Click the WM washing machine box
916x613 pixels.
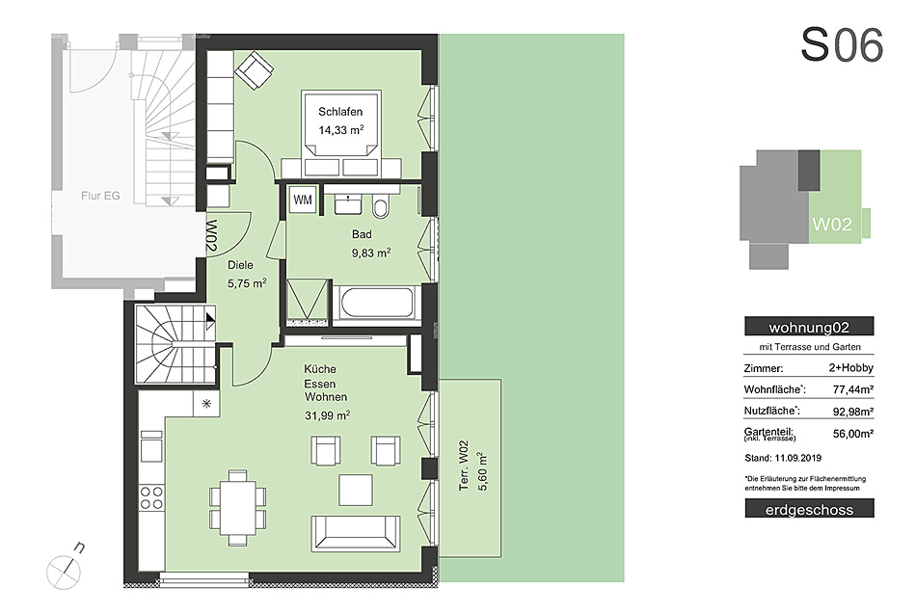(x=303, y=200)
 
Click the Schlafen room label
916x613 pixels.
(x=340, y=112)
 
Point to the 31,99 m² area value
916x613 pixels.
(x=327, y=415)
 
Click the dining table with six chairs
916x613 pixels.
(x=238, y=507)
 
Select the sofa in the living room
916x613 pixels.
(x=355, y=533)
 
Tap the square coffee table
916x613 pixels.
(x=356, y=490)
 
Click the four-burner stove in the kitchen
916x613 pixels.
(x=151, y=497)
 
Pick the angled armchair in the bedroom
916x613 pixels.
(x=255, y=70)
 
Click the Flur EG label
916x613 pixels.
(x=100, y=197)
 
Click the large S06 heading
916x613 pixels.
(x=842, y=45)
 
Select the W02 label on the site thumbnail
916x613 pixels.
(x=832, y=225)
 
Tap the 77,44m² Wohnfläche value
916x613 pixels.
(x=853, y=389)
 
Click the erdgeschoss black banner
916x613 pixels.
(x=809, y=509)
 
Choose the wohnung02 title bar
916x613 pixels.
(x=809, y=327)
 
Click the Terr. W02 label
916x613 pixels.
(x=464, y=466)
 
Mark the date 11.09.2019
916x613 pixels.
(x=798, y=458)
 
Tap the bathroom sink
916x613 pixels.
(x=349, y=204)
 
